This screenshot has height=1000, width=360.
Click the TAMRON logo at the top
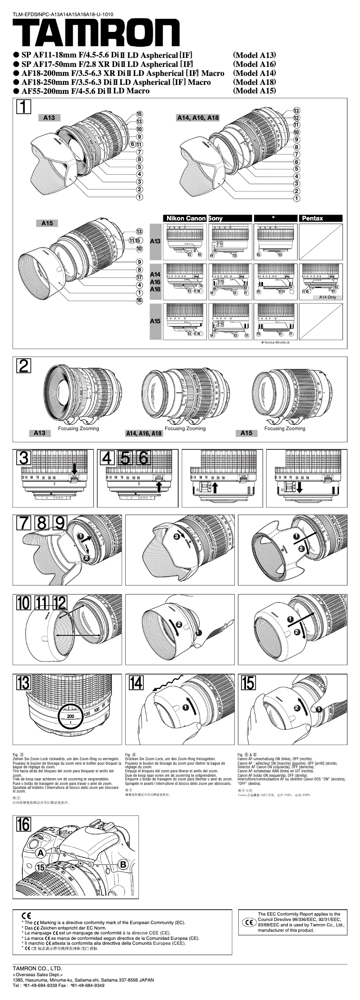[96, 33]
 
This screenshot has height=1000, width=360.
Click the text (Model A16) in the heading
[255, 64]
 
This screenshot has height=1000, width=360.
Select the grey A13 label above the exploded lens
[49, 118]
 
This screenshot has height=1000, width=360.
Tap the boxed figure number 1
[24, 106]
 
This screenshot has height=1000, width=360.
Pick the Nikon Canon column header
[185, 218]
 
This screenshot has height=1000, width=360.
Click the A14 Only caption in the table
[327, 297]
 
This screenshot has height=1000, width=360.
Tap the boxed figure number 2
[24, 366]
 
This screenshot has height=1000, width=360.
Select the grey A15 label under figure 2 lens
[246, 433]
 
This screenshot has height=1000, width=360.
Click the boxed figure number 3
[24, 458]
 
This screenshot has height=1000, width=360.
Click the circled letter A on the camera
[40, 853]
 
